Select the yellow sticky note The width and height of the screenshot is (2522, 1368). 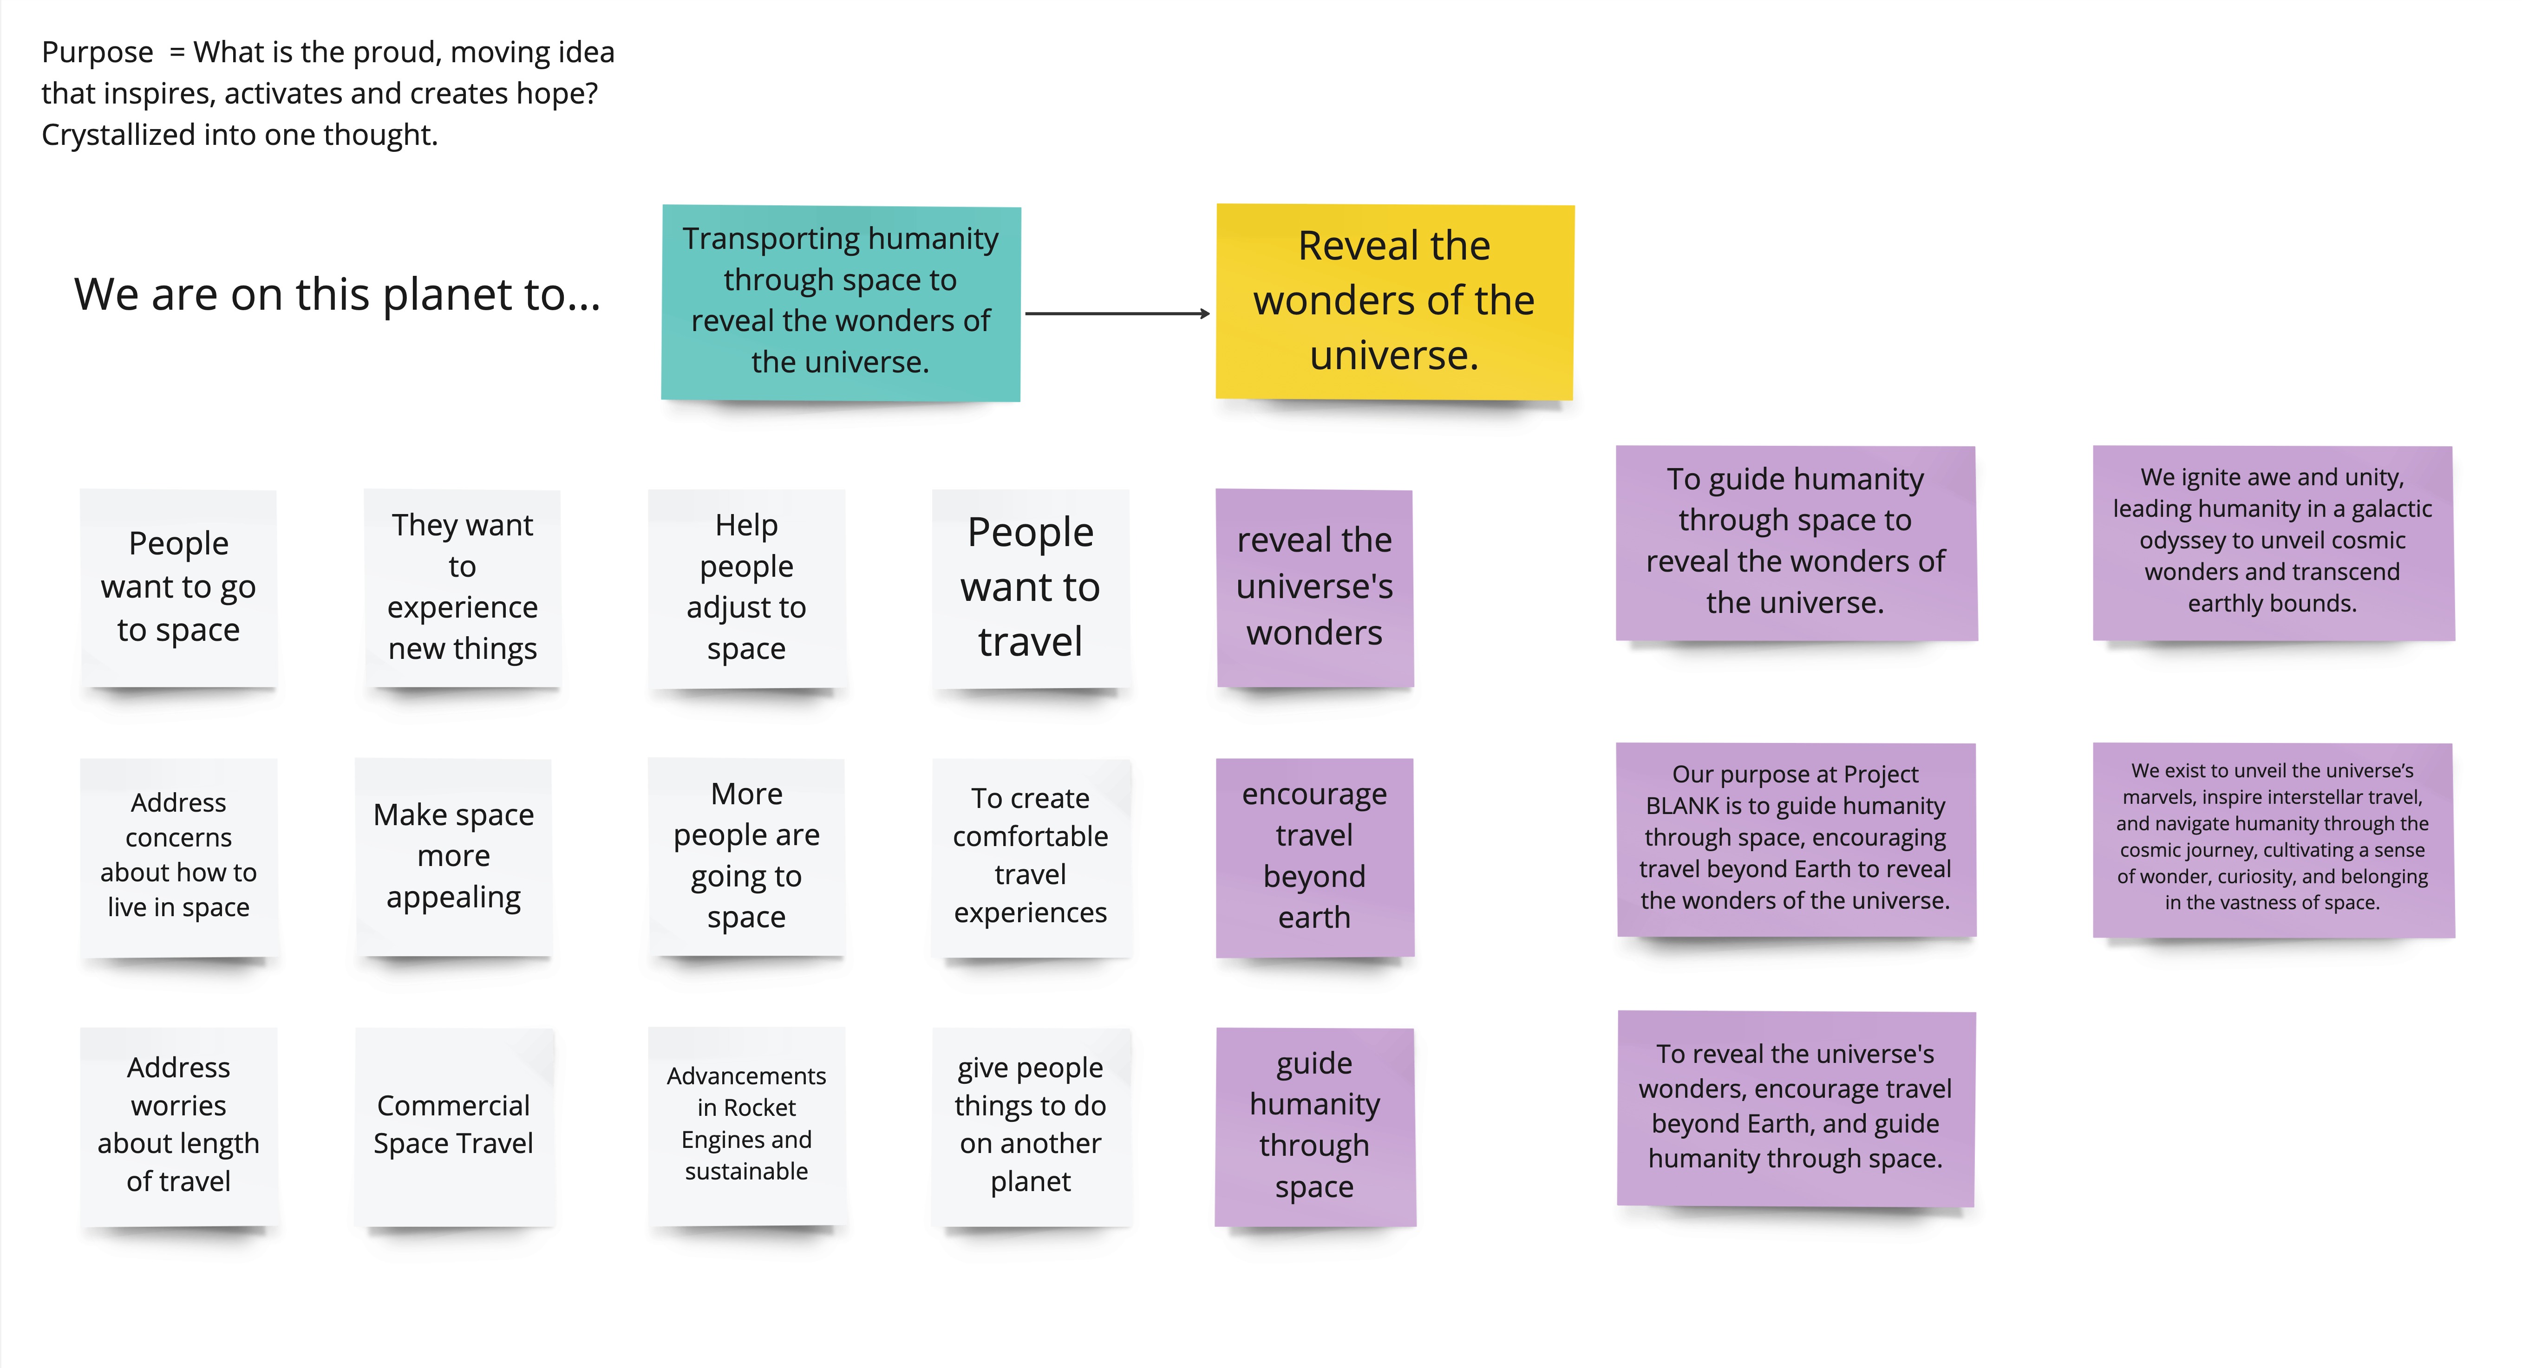pyautogui.click(x=1394, y=301)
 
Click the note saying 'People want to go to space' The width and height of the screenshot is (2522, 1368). pyautogui.click(x=178, y=587)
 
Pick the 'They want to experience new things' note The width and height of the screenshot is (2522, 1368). pyautogui.click(x=462, y=587)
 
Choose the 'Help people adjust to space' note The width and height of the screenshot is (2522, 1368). pyautogui.click(x=746, y=587)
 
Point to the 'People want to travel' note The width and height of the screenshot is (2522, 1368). pyautogui.click(x=1030, y=587)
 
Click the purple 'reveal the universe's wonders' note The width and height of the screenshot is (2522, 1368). pyautogui.click(x=1314, y=587)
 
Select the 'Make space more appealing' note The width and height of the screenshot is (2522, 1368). pyautogui.click(x=453, y=856)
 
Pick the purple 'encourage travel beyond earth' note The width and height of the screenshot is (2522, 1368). pyautogui.click(x=1314, y=856)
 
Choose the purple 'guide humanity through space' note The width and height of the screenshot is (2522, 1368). pyautogui.click(x=1314, y=1125)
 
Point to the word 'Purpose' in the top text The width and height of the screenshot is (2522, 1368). pyautogui.click(x=97, y=52)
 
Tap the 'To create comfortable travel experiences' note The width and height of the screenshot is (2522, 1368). pyautogui.click(x=1030, y=856)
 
